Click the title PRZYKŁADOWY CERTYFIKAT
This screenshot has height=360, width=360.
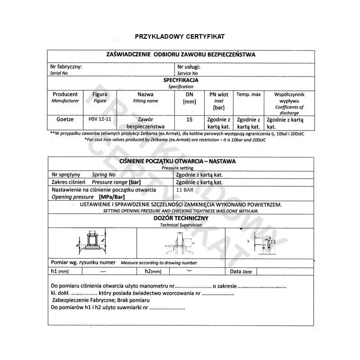[180, 36]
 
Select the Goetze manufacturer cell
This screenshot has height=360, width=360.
[65, 120]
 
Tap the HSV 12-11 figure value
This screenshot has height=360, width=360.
[99, 120]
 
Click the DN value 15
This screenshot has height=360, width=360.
[189, 120]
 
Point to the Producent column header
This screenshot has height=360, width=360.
[65, 94]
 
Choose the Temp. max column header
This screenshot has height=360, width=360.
[248, 94]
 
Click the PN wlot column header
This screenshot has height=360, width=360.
[219, 94]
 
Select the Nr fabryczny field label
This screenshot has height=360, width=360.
[66, 67]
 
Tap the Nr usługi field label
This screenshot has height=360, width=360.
[189, 67]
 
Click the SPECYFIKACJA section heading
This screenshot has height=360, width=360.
[181, 80]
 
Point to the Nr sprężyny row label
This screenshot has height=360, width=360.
[66, 175]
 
